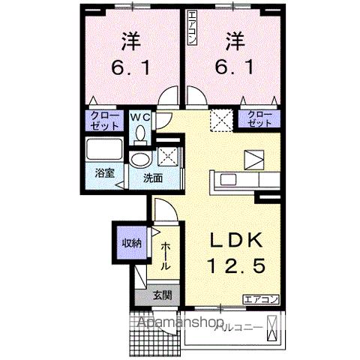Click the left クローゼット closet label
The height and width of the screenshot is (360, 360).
[x=99, y=121]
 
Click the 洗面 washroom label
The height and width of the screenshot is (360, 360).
[x=154, y=178]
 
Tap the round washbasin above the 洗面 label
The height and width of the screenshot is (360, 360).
[x=139, y=160]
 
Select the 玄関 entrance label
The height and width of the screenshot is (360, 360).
[x=161, y=295]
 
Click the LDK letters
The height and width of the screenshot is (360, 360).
[x=236, y=240]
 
